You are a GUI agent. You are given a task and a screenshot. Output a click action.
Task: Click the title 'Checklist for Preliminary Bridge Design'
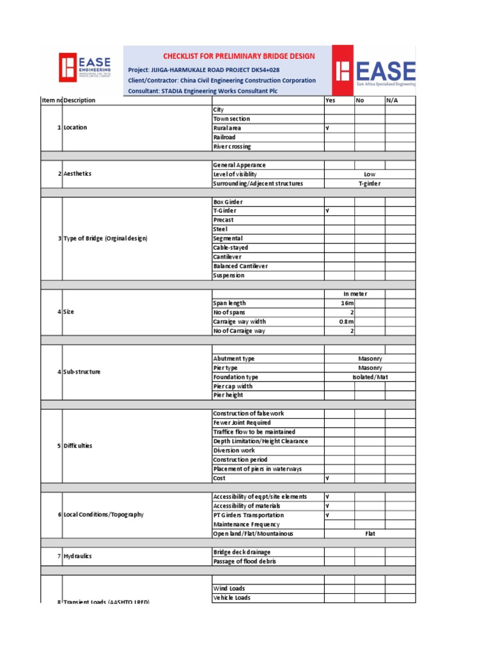pyautogui.click(x=238, y=56)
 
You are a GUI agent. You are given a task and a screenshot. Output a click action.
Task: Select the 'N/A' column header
pyautogui.click(x=393, y=100)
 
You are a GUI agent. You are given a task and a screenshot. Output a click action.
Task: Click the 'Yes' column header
pyautogui.click(x=330, y=100)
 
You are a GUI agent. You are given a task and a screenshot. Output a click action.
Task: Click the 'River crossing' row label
pyautogui.click(x=232, y=146)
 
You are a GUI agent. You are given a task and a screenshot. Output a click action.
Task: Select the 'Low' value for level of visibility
pyautogui.click(x=370, y=174)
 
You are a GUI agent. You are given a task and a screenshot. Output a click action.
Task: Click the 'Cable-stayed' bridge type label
pyautogui.click(x=230, y=248)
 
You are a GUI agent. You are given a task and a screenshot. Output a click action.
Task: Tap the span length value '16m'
pyautogui.click(x=348, y=303)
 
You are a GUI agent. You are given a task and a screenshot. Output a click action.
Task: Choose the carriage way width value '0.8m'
pyautogui.click(x=346, y=322)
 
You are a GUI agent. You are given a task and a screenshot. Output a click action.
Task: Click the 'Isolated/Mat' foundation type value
pyautogui.click(x=370, y=377)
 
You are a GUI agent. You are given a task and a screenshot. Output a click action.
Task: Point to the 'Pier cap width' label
pyautogui.click(x=233, y=386)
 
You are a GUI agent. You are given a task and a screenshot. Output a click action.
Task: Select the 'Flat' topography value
pyautogui.click(x=370, y=534)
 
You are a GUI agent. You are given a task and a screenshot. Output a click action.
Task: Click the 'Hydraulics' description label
pyautogui.click(x=77, y=556)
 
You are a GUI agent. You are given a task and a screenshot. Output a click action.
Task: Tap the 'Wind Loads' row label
pyautogui.click(x=229, y=589)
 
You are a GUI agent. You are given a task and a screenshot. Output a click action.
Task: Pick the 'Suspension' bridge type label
pyautogui.click(x=228, y=276)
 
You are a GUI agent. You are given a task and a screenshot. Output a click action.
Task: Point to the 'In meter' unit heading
pyautogui.click(x=355, y=294)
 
